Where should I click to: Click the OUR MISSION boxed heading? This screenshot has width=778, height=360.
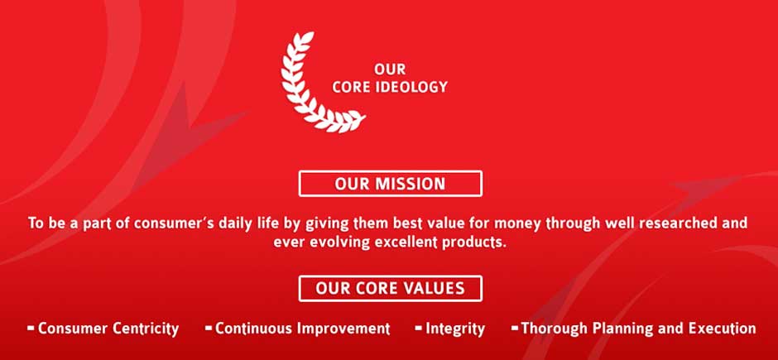[x=390, y=184]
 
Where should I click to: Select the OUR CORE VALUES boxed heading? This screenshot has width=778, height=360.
[x=390, y=288]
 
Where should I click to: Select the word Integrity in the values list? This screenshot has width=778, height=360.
[x=455, y=329]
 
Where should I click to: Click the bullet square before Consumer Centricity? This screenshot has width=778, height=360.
[x=31, y=328]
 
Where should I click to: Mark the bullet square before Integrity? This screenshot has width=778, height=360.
[x=418, y=328]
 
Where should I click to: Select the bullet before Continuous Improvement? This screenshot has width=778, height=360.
[x=209, y=328]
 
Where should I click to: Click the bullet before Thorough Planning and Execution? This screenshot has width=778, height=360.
[x=515, y=328]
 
